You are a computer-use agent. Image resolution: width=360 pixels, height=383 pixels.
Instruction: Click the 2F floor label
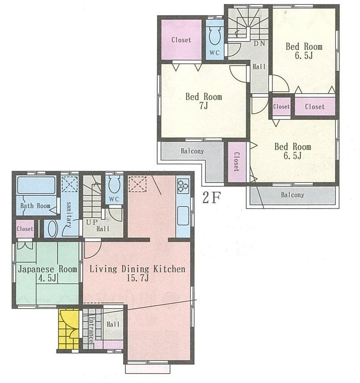pyautogui.click(x=212, y=197)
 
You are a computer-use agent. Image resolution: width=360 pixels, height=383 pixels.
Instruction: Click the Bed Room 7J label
pyautogui.click(x=203, y=102)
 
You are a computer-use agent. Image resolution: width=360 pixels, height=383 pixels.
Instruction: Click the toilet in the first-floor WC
pyautogui.click(x=114, y=184)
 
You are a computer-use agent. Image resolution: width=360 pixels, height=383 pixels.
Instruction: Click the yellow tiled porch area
pyautogui.click(x=68, y=329)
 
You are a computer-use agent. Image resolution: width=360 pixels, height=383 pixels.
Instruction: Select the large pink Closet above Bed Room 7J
pyautogui.click(x=181, y=40)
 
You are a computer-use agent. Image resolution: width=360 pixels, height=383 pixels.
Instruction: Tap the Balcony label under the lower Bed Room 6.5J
pyautogui.click(x=292, y=195)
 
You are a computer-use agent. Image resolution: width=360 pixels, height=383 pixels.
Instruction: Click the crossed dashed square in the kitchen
pyautogui.click(x=137, y=184)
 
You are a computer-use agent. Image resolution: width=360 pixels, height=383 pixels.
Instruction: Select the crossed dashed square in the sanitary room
pyautogui.click(x=69, y=184)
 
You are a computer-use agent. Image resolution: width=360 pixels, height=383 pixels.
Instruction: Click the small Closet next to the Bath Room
pyautogui.click(x=25, y=229)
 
